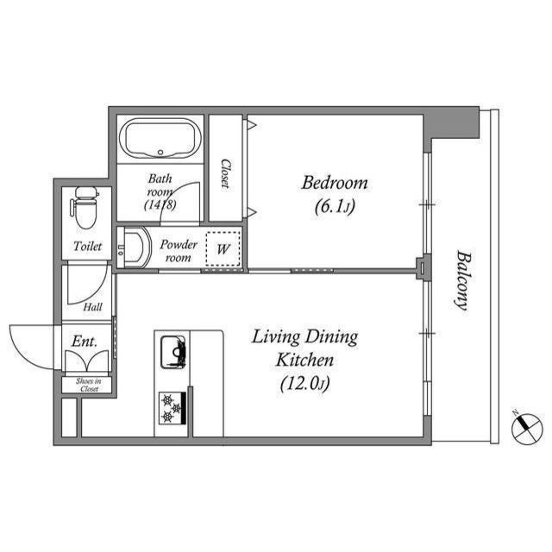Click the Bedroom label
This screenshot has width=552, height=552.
[x=335, y=183]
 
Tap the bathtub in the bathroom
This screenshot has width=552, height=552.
[x=160, y=139]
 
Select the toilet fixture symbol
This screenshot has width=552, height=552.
[x=85, y=208]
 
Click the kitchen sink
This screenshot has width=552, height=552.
[x=173, y=352]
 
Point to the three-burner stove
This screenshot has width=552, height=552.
[x=172, y=408]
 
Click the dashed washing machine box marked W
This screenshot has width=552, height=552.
[x=223, y=248]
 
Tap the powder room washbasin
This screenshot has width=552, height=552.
[x=134, y=248]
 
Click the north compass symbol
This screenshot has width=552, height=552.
[x=527, y=428]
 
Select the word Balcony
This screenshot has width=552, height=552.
[x=462, y=280]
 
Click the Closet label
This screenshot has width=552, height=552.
[x=225, y=174]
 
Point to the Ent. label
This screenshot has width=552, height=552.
[x=85, y=342]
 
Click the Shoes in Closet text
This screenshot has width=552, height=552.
[x=89, y=385]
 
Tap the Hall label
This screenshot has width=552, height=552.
[x=92, y=307]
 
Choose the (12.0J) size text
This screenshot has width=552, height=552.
[x=304, y=384]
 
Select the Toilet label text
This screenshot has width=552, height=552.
[x=88, y=246]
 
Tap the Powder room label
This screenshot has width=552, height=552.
[x=179, y=251]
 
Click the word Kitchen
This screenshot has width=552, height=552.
[x=304, y=361]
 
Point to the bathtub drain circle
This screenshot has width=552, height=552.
[x=160, y=153]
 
